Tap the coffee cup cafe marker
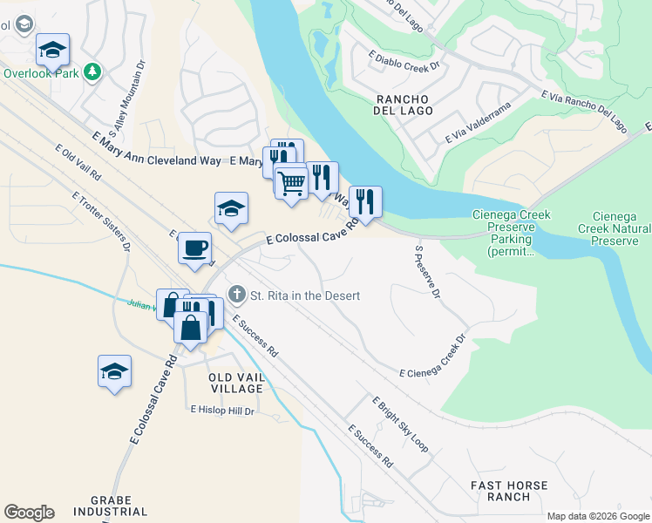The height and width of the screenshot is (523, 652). click(x=195, y=247)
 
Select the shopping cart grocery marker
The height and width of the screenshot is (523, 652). click(x=291, y=180)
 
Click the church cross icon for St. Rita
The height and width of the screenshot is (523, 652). click(x=236, y=295)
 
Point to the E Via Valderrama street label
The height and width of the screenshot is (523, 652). click(x=476, y=126)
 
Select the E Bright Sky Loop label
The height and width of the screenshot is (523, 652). click(x=400, y=425)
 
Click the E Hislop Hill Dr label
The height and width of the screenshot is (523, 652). click(x=222, y=410)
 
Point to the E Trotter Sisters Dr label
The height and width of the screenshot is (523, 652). click(x=101, y=221)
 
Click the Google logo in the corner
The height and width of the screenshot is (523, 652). click(x=29, y=513)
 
